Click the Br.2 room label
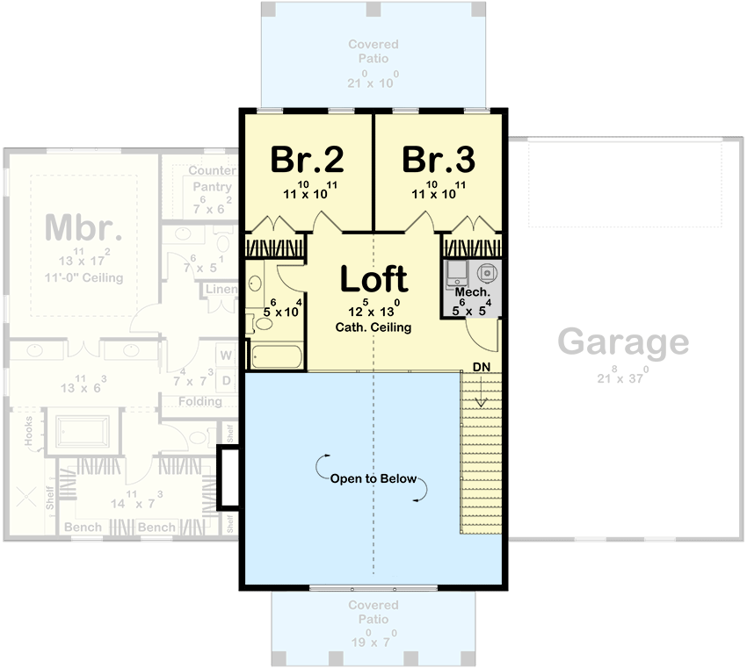(x=307, y=160)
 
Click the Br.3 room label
(x=439, y=160)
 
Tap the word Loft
(x=373, y=279)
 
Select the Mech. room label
(x=471, y=292)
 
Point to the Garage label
(x=624, y=341)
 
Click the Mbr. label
(x=83, y=227)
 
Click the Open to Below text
(x=373, y=479)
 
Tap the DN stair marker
(x=481, y=364)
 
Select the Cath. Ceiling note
(x=373, y=327)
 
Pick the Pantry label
(x=212, y=186)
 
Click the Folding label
(x=199, y=401)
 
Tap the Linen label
(x=221, y=289)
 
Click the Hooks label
(x=28, y=432)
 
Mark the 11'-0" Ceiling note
(x=83, y=277)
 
